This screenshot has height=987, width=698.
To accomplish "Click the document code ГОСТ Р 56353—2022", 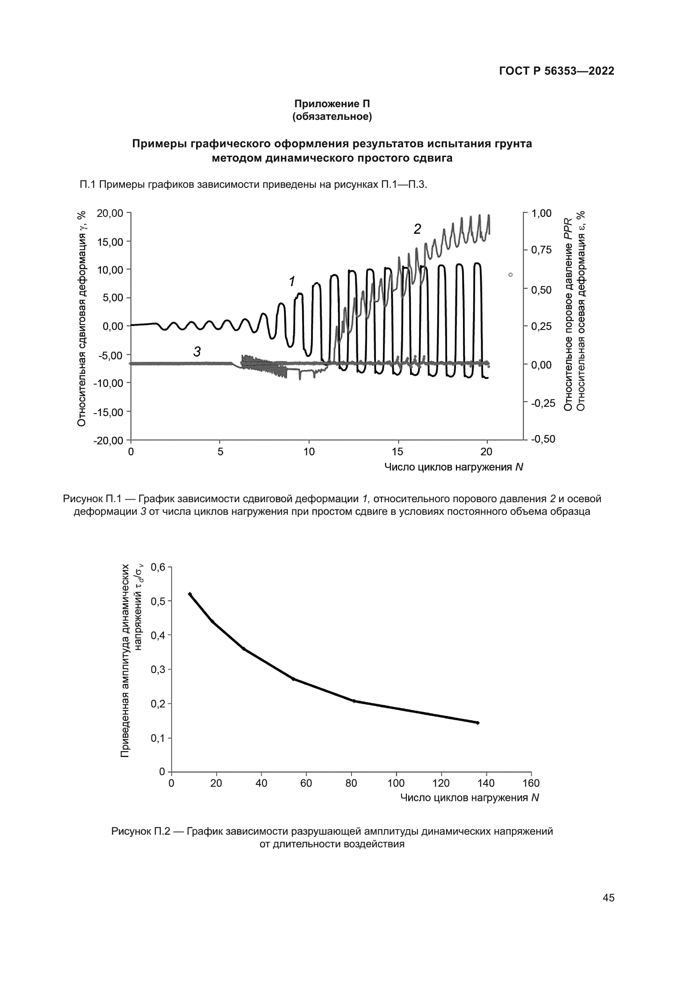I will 557,71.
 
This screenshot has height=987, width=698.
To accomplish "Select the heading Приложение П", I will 332,104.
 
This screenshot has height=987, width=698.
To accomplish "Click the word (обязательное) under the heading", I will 332,116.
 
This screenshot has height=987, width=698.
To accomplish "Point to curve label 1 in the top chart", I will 292,281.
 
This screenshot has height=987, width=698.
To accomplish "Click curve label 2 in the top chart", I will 417,230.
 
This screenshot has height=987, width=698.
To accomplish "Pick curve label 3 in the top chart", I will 197,352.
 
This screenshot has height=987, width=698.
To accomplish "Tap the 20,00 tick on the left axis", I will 110,213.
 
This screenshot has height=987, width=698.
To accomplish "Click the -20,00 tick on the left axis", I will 108,441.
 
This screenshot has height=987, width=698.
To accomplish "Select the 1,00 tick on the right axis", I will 541,213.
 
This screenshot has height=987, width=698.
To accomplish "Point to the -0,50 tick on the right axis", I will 543,439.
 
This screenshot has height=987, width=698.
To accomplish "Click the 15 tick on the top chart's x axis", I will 398,452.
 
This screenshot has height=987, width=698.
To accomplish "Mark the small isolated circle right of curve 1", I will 510,275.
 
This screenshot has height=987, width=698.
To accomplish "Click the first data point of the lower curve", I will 190,594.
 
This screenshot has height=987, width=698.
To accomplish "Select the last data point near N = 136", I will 478,722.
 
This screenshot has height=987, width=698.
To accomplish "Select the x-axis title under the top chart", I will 453,467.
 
